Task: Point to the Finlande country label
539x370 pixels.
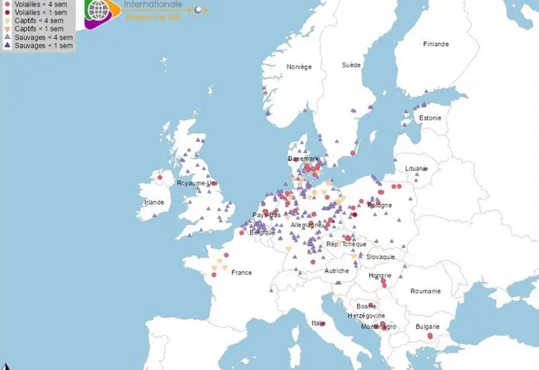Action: tap(435, 44)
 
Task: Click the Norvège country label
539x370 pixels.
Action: tap(299, 66)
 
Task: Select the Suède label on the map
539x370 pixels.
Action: tap(351, 65)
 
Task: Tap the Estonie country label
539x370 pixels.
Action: tap(430, 118)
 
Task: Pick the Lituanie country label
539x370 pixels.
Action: tap(416, 168)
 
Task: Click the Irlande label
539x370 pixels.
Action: tap(154, 202)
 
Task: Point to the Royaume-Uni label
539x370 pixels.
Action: tap(196, 183)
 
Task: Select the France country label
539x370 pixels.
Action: tap(241, 273)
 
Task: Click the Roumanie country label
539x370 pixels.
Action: tap(425, 291)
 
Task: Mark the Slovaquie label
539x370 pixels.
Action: tap(380, 257)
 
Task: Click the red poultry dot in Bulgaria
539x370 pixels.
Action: tap(429, 336)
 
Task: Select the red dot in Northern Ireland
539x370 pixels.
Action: tap(159, 177)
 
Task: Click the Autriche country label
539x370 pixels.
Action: tap(336, 270)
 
